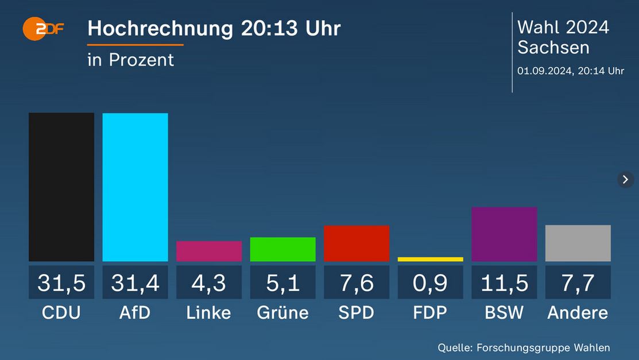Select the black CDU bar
pos(61,187)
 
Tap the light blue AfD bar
pos(135,187)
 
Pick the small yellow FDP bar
pos(430,260)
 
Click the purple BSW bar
pos(504,234)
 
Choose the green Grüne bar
pos(282,249)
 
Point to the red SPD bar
pos(357,243)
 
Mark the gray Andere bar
pos(578,243)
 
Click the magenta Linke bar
pos(209,251)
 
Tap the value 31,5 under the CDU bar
pos(61,282)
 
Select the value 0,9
pos(430,282)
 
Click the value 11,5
pos(504,282)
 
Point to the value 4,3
pos(209,282)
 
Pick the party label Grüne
pos(282,313)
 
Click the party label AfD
pos(135,313)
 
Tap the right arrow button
pos(625,179)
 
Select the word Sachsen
pos(553,47)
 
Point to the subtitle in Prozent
pos(130,60)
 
